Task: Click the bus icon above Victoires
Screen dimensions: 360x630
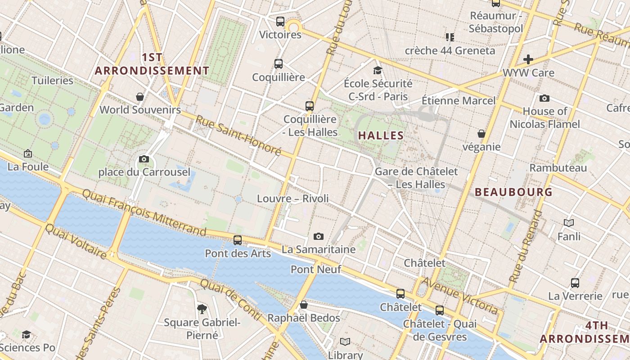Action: click(280, 21)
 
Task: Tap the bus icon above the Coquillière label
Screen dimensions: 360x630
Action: click(279, 64)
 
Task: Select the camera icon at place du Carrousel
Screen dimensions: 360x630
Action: click(144, 159)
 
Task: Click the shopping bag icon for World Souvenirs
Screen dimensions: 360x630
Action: click(140, 97)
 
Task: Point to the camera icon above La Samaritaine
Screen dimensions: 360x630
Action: click(319, 236)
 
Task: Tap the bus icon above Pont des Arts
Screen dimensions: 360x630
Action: click(238, 240)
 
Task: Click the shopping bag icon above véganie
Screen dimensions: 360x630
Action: click(481, 134)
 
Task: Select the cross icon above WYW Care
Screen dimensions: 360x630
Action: click(528, 59)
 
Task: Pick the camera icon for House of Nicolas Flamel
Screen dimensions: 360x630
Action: click(544, 98)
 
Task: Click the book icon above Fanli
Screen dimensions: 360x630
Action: click(569, 223)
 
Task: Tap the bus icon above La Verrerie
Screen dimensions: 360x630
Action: click(575, 283)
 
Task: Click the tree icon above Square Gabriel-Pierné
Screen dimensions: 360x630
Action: click(202, 309)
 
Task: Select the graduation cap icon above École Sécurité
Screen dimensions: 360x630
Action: click(378, 70)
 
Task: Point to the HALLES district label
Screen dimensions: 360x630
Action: click(381, 135)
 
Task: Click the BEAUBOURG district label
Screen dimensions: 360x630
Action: click(513, 192)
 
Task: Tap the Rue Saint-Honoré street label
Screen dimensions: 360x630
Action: click(238, 135)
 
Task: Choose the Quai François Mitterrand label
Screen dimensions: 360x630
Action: click(144, 212)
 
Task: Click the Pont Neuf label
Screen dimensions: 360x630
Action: click(316, 270)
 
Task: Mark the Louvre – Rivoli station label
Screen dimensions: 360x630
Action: click(293, 198)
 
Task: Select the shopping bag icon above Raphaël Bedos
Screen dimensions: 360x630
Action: click(304, 305)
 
